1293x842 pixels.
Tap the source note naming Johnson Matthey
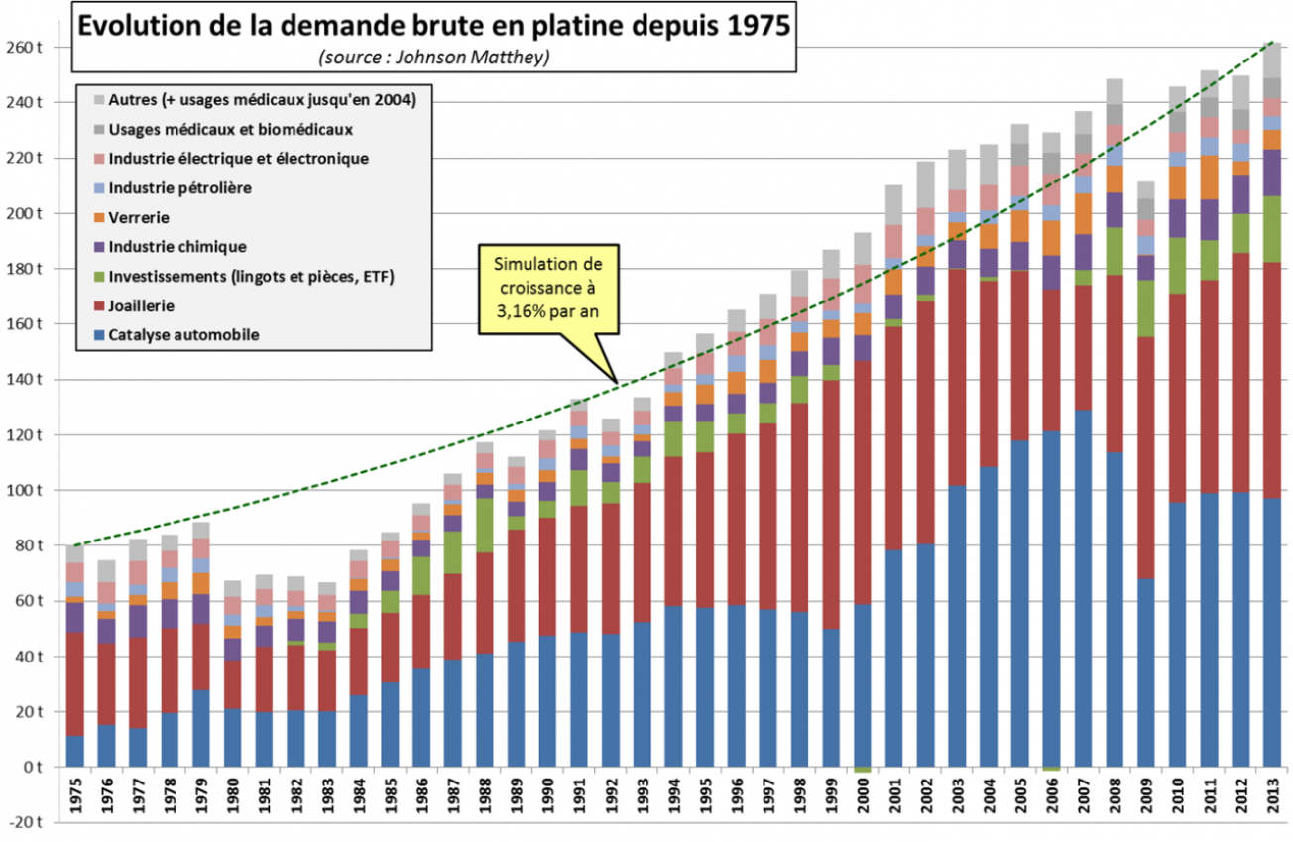pyautogui.click(x=433, y=58)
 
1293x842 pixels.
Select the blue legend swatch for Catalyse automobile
pyautogui.click(x=97, y=335)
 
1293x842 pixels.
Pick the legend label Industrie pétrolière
pyautogui.click(x=180, y=187)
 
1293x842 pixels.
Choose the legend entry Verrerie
pyautogui.click(x=140, y=217)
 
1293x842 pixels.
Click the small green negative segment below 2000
pyautogui.click(x=863, y=770)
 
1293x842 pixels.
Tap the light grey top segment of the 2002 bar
pyautogui.click(x=926, y=183)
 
